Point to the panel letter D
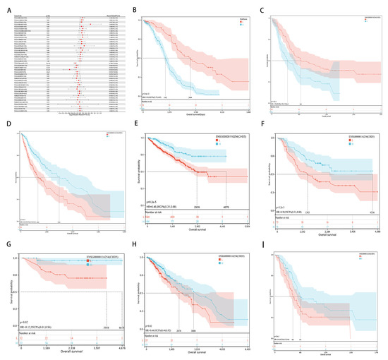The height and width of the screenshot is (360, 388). (x=6, y=126)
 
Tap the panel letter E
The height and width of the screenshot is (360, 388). (x=136, y=126)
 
